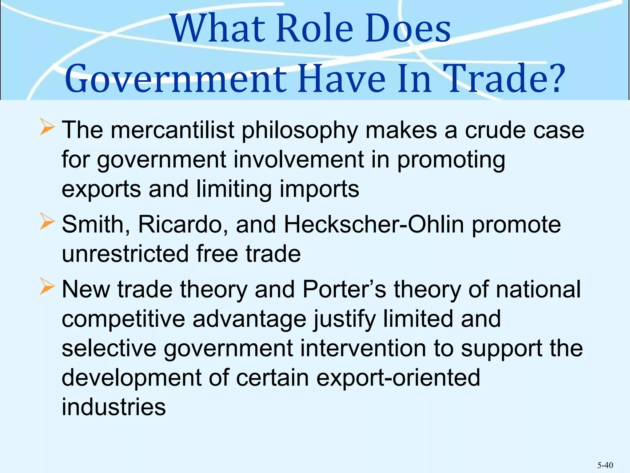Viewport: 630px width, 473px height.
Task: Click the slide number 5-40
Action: (x=605, y=465)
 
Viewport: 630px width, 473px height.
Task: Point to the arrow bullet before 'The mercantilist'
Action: (x=47, y=128)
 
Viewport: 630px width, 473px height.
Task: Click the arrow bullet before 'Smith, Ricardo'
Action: (x=47, y=222)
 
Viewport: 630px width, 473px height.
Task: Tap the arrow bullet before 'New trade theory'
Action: (x=47, y=287)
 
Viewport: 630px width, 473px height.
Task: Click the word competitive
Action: (x=123, y=319)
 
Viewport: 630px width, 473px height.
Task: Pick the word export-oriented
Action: (x=398, y=378)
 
